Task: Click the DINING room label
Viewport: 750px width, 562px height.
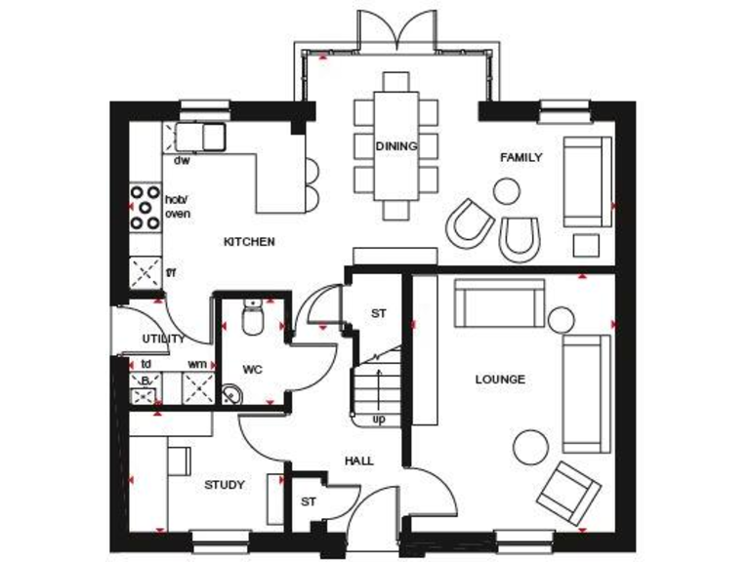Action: (x=396, y=146)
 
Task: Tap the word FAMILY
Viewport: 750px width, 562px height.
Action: (x=521, y=157)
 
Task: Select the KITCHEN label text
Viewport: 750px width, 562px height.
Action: (x=249, y=242)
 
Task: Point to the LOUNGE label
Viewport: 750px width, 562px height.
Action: (x=500, y=380)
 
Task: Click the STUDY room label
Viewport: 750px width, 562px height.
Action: (x=225, y=485)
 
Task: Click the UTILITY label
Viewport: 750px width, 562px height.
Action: (x=163, y=339)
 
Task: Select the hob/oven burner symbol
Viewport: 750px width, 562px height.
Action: (x=146, y=207)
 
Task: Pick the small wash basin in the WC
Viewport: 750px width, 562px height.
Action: (x=231, y=394)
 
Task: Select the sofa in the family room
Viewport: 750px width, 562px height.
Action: (x=587, y=181)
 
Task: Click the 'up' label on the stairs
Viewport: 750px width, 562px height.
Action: (x=379, y=420)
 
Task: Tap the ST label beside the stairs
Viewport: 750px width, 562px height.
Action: (x=379, y=314)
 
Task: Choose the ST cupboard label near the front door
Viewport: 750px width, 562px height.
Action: (x=309, y=502)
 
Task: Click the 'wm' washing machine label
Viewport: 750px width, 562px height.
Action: (x=196, y=365)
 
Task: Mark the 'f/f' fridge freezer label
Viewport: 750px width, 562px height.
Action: (x=171, y=272)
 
